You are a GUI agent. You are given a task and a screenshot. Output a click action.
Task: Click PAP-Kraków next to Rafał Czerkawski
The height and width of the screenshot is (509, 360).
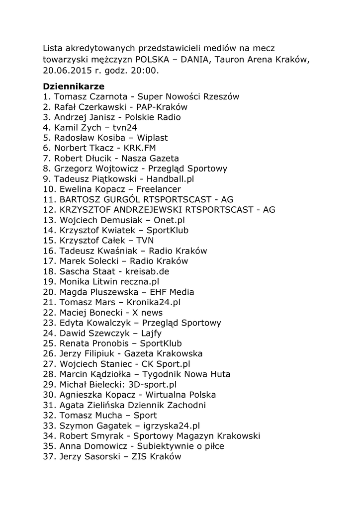point(163,107)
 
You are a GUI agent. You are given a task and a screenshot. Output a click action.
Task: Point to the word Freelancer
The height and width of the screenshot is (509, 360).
point(158,189)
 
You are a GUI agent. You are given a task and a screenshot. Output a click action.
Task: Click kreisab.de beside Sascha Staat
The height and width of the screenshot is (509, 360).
point(148,271)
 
